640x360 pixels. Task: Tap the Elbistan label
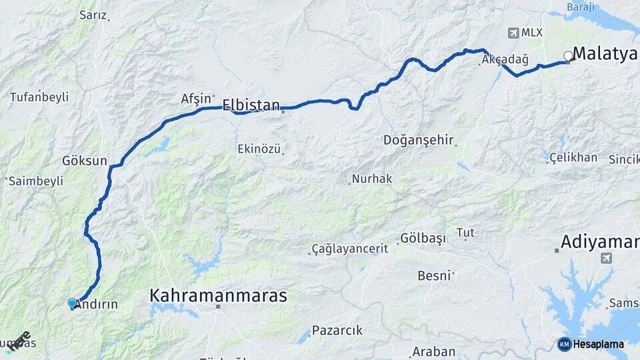pyautogui.click(x=251, y=104)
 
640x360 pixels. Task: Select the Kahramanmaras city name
pyautogui.click(x=218, y=295)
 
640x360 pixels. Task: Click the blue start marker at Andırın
pyautogui.click(x=72, y=303)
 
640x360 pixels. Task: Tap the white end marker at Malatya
pyautogui.click(x=568, y=56)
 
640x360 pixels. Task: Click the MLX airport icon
pyautogui.click(x=513, y=32)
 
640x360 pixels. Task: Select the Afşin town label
pyautogui.click(x=195, y=98)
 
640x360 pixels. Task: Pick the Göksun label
pyautogui.click(x=84, y=161)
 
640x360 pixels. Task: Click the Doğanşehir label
pyautogui.click(x=419, y=140)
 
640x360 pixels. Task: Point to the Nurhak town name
pyautogui.click(x=372, y=179)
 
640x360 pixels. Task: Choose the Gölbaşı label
pyautogui.click(x=423, y=239)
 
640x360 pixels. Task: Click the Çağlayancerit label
pyautogui.click(x=350, y=249)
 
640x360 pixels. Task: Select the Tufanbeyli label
pyautogui.click(x=39, y=97)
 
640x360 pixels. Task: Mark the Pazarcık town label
pyautogui.click(x=337, y=330)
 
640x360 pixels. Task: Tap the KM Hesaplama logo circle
pyautogui.click(x=564, y=344)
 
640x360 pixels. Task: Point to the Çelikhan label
pyautogui.click(x=573, y=157)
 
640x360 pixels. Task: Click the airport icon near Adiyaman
pyautogui.click(x=606, y=258)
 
